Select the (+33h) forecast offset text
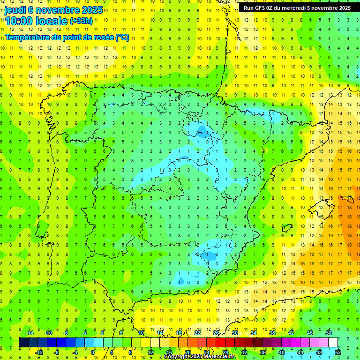tap(81, 21)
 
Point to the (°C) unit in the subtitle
tap(122, 37)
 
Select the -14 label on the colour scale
tap(30, 333)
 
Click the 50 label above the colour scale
tap(328, 333)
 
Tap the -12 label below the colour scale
tap(39, 352)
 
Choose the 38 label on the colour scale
tap(272, 333)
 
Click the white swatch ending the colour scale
tap(333, 343)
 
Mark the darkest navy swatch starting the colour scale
tap(23, 343)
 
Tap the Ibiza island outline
tap(287, 228)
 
